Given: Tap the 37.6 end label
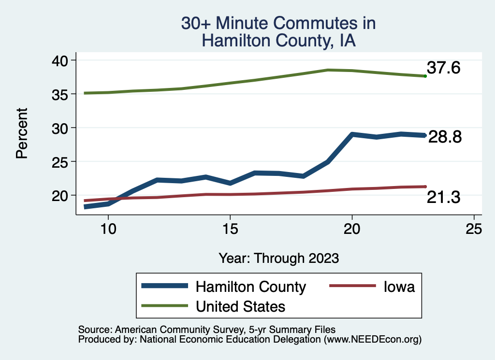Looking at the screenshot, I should pyautogui.click(x=443, y=68).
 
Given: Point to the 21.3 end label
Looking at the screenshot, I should pyautogui.click(x=443, y=197).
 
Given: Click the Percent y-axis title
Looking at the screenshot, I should pyautogui.click(x=21, y=133).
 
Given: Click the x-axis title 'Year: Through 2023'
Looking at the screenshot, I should pyautogui.click(x=278, y=258).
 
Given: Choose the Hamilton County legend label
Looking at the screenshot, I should pyautogui.click(x=250, y=287).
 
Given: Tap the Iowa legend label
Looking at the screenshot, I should pyautogui.click(x=399, y=287).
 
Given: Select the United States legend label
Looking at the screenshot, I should pyautogui.click(x=240, y=306).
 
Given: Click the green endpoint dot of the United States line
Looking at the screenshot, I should pyautogui.click(x=425, y=76).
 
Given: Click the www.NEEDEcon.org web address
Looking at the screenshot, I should pyautogui.click(x=373, y=340).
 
